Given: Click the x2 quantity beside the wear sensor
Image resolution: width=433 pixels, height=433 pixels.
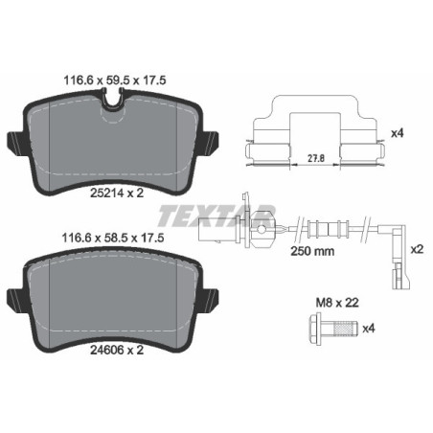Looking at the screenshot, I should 417,248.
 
